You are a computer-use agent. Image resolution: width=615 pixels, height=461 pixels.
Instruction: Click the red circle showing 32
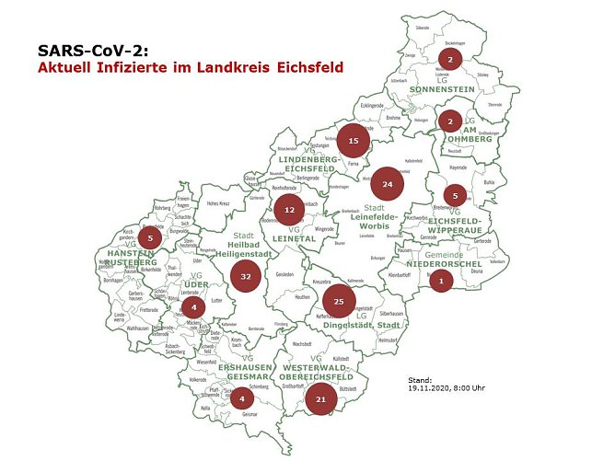[x=246, y=275]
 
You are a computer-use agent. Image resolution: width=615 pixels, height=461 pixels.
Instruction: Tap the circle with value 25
[x=339, y=301]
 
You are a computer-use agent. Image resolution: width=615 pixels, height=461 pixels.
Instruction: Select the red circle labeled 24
[x=388, y=184]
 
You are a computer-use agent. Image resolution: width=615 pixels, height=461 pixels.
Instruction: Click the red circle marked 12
[x=289, y=210]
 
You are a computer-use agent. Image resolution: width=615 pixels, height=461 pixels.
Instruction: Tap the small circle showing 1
[x=442, y=281]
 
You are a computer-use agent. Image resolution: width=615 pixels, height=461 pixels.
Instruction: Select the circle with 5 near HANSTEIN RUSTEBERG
[x=150, y=238]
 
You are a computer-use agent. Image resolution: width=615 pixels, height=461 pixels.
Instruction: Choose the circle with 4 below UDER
[x=194, y=306]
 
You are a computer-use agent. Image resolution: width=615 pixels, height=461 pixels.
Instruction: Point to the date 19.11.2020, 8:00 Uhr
[x=446, y=387]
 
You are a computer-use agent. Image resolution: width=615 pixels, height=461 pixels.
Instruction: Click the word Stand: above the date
[x=419, y=379]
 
